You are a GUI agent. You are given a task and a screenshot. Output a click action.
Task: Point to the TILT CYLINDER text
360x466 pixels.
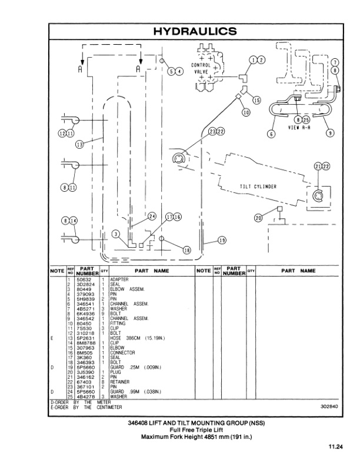click(x=258, y=187)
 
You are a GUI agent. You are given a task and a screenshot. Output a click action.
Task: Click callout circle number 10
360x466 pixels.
click(x=246, y=112)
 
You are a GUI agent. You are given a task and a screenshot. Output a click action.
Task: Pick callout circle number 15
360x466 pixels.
click(x=256, y=101)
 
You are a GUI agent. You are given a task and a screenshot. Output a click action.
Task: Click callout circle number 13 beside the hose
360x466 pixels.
click(x=79, y=142)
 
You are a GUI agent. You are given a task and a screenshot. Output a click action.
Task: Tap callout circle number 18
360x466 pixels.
click(x=187, y=249)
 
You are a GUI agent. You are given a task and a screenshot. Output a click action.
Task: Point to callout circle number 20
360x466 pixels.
click(x=258, y=218)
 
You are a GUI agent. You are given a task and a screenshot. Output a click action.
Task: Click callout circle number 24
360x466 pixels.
click(x=152, y=217)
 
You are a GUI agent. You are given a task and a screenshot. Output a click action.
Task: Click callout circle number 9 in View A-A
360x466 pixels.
click(x=330, y=132)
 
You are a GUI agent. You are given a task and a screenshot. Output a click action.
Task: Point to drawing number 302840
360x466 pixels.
click(x=329, y=406)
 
